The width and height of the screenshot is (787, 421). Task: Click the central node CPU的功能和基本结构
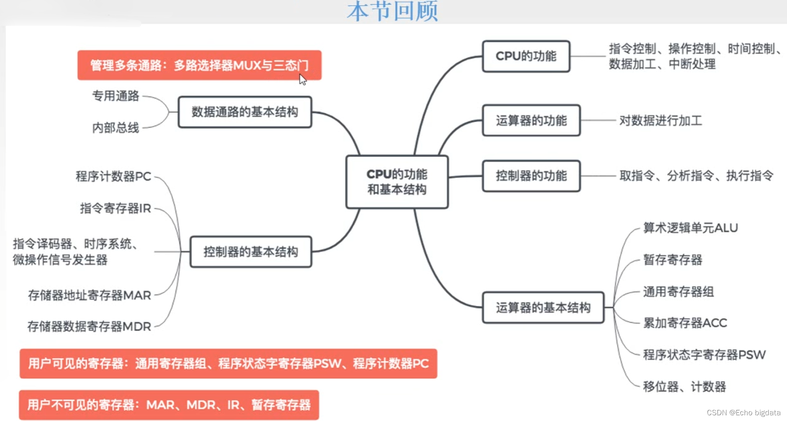(397, 182)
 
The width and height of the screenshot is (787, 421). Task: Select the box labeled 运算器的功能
(531, 120)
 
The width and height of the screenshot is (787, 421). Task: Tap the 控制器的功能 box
(531, 176)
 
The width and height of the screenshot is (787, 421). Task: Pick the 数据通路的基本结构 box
(245, 112)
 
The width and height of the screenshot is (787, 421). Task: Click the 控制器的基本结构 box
(251, 252)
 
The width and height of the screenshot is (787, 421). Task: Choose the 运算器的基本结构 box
(543, 308)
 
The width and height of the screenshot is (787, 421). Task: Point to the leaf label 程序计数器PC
(113, 176)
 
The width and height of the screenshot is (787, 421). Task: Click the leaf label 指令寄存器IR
(115, 208)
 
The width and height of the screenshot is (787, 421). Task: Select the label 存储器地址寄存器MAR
(89, 295)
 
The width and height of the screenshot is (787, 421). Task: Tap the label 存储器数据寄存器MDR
(89, 326)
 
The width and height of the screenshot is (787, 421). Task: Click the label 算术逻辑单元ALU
(690, 228)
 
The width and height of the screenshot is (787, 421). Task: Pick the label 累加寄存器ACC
(685, 323)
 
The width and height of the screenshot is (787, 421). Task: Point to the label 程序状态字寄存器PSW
(704, 355)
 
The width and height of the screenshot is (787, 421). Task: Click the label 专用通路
(115, 96)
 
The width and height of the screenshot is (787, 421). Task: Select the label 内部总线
(115, 128)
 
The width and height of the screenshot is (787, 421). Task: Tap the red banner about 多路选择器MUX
(199, 65)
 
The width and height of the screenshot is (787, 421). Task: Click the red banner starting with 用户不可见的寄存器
(169, 405)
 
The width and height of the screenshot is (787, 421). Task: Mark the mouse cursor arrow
(302, 79)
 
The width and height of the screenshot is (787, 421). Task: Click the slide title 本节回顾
(392, 11)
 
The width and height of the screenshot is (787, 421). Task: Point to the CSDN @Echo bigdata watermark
(743, 413)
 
